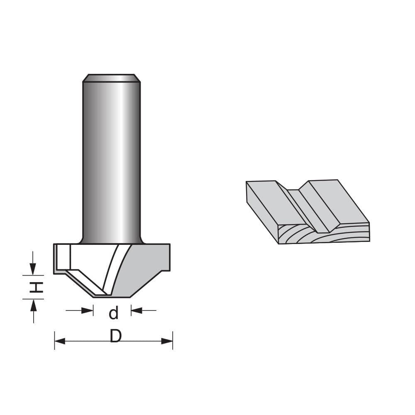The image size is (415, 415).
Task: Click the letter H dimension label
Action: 37,287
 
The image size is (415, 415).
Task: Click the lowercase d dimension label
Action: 113,313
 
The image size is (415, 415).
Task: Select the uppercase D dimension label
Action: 116,337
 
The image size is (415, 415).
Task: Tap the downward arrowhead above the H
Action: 33,269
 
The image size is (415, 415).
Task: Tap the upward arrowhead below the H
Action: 33,305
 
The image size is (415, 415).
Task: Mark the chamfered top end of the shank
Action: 111,78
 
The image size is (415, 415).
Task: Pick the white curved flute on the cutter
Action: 113,270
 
